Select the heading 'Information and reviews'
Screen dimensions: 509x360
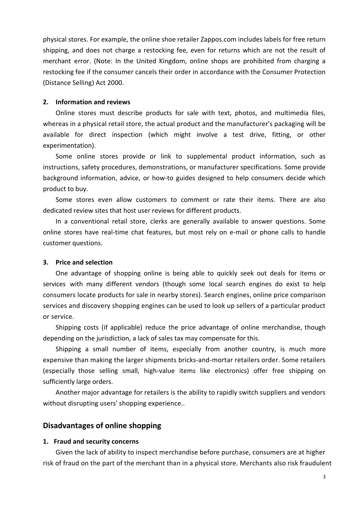click(92, 102)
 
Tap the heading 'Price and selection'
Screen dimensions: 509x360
click(84, 262)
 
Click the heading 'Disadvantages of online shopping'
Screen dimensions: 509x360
click(102, 425)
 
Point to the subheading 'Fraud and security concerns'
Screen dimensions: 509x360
click(96, 441)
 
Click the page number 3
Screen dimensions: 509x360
click(324, 477)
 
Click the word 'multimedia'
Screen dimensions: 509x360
click(291, 113)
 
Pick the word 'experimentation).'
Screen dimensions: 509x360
click(69, 145)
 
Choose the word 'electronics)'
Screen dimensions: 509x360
click(232, 371)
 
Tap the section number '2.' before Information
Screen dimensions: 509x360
click(45, 102)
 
